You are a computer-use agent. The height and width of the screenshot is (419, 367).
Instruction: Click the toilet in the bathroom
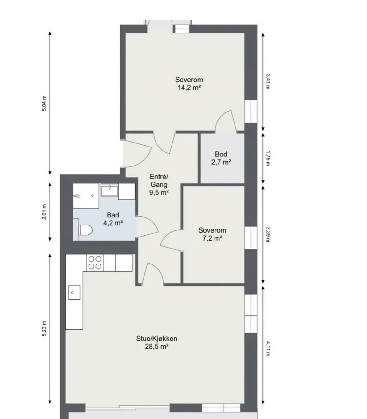click(x=85, y=230)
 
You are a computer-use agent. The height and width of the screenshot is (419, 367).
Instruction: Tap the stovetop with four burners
click(x=95, y=263)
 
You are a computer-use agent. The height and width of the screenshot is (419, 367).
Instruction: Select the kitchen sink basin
click(x=74, y=292)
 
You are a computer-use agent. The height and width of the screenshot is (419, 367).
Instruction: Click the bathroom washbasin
click(x=109, y=190)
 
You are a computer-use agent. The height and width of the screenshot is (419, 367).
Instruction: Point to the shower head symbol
click(x=77, y=196)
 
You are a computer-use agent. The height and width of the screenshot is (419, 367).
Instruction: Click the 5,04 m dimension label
click(x=44, y=103)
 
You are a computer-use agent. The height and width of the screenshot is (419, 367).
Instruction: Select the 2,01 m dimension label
click(x=44, y=212)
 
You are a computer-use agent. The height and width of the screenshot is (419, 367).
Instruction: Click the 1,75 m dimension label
click(x=268, y=159)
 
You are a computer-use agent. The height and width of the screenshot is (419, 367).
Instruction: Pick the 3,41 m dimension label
click(x=268, y=82)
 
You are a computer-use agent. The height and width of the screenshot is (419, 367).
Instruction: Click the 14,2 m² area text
click(x=189, y=88)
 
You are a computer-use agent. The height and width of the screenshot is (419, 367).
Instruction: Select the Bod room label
click(x=221, y=154)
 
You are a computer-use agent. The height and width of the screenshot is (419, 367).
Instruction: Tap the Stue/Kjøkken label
click(x=157, y=339)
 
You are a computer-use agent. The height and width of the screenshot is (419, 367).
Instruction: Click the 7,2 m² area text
click(x=212, y=238)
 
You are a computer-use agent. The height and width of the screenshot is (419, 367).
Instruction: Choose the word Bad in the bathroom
click(x=113, y=215)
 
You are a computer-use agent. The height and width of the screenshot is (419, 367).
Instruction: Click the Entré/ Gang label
click(x=159, y=180)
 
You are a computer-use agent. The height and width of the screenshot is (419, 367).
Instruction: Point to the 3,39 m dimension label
click(x=268, y=234)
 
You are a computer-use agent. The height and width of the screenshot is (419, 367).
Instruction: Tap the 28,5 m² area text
click(x=157, y=347)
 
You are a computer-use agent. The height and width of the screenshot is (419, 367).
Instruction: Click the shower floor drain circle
click(x=93, y=196)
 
